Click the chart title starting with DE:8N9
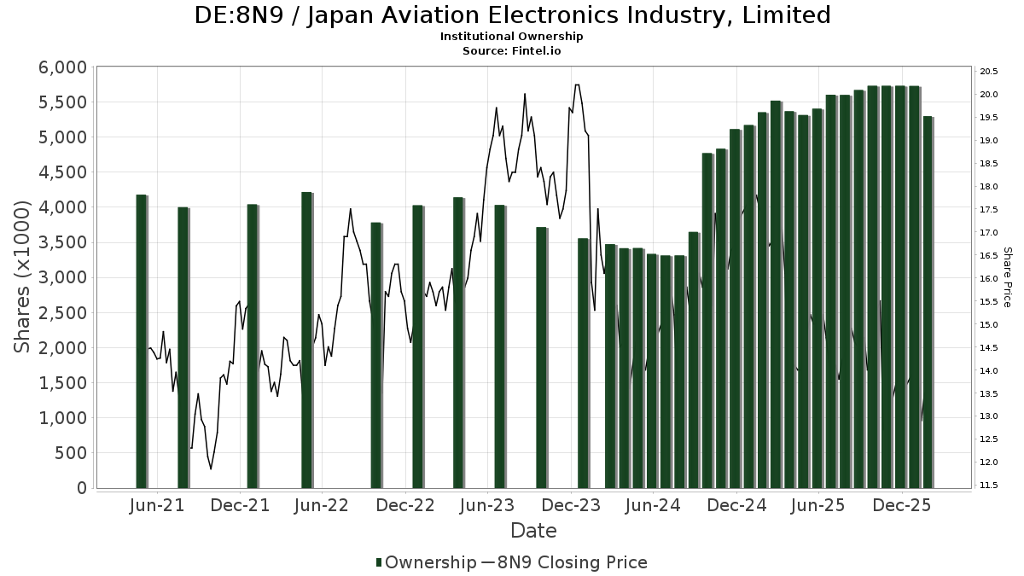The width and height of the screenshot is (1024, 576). pyautogui.click(x=512, y=15)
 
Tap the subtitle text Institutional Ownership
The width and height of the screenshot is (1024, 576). pyautogui.click(x=512, y=37)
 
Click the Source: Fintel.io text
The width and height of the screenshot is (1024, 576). pyautogui.click(x=512, y=50)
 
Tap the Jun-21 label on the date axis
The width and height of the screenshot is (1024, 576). pyautogui.click(x=158, y=505)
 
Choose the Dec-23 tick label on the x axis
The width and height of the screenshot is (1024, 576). pyautogui.click(x=572, y=505)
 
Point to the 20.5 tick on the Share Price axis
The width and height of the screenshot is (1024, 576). pyautogui.click(x=990, y=71)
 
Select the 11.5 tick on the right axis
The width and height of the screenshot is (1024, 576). pyautogui.click(x=990, y=485)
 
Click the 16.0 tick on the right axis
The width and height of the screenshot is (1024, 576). pyautogui.click(x=990, y=278)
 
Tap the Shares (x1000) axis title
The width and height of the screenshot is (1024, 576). pyautogui.click(x=23, y=276)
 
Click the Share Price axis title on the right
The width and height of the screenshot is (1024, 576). pyautogui.click(x=1007, y=276)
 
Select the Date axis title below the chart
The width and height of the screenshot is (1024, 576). pyautogui.click(x=533, y=531)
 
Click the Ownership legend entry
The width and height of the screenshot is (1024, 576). pyautogui.click(x=427, y=562)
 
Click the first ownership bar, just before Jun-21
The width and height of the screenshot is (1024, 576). pyautogui.click(x=142, y=341)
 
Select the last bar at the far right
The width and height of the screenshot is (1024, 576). pyautogui.click(x=928, y=302)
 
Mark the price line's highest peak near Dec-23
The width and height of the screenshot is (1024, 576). pyautogui.click(x=577, y=84)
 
